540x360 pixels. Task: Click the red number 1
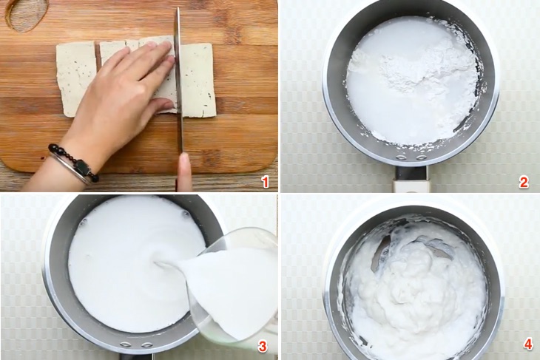pyautogui.click(x=265, y=182)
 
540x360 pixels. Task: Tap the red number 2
pyautogui.click(x=524, y=182)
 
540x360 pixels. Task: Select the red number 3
pyautogui.click(x=263, y=346)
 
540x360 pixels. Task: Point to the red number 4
pyautogui.click(x=528, y=345)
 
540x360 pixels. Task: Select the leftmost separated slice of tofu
pyautogui.click(x=75, y=78)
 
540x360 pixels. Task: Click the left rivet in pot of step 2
pyautogui.click(x=402, y=157)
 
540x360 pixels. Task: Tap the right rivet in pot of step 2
pyautogui.click(x=421, y=157)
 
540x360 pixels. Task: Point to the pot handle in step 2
pyautogui.click(x=411, y=179)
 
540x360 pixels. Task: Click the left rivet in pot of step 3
pyautogui.click(x=126, y=344)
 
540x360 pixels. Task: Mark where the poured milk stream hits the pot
pyautogui.click(x=159, y=263)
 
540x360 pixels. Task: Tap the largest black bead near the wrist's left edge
pyautogui.click(x=53, y=147)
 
